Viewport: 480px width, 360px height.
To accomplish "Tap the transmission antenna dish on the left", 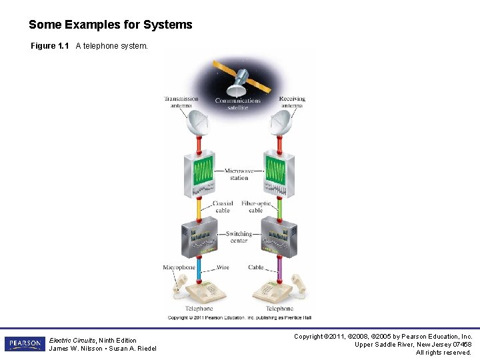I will pyautogui.click(x=197, y=122).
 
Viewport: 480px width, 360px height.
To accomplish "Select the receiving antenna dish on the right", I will pyautogui.click(x=280, y=122).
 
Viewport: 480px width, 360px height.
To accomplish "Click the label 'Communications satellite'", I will pyautogui.click(x=238, y=103).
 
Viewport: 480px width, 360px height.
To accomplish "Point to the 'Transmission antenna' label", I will pyautogui.click(x=181, y=102).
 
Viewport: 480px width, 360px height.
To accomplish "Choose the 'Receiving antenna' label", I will pyautogui.click(x=292, y=102).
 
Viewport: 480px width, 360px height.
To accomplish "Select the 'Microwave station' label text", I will pyautogui.click(x=239, y=174).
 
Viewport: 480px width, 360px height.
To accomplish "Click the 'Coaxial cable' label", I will pyautogui.click(x=223, y=207).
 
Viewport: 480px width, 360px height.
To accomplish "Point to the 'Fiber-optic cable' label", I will pyautogui.click(x=256, y=207).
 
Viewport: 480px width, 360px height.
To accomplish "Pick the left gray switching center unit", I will pyautogui.click(x=199, y=237).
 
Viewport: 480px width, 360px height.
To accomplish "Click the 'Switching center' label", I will pyautogui.click(x=239, y=237).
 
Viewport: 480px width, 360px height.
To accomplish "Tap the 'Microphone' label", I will pyautogui.click(x=179, y=267).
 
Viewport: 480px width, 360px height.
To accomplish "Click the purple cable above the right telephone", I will pyautogui.click(x=279, y=271).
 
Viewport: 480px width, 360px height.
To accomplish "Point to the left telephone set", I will pyautogui.click(x=199, y=291).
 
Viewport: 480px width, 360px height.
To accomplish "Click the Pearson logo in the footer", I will pyautogui.click(x=25, y=344).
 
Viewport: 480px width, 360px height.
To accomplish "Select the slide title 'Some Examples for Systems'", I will pyautogui.click(x=111, y=25).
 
